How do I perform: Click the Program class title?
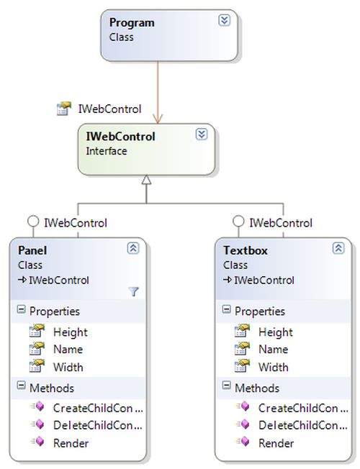tap(132, 22)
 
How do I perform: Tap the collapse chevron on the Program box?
tap(224, 20)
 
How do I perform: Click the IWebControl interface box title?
tap(120, 137)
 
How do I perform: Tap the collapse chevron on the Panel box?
tap(132, 247)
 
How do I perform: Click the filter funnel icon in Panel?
tap(133, 291)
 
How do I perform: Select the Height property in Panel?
tap(70, 332)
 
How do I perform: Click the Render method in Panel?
tap(71, 443)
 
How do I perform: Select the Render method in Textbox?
tap(276, 443)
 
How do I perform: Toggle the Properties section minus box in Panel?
tap(21, 310)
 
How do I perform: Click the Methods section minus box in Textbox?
tap(226, 388)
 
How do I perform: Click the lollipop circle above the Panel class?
tap(32, 222)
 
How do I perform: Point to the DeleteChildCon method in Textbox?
tap(302, 425)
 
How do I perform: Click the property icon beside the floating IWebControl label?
tap(63, 109)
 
